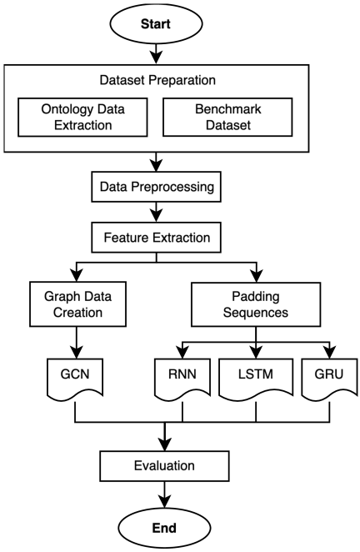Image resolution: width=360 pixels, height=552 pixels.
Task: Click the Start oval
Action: point(156,23)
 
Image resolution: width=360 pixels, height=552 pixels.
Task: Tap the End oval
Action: point(164,528)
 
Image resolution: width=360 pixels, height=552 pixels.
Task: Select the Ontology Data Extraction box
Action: point(82,118)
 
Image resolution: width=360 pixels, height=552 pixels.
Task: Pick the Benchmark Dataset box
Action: point(227,118)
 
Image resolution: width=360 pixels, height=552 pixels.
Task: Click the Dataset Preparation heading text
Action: point(157,80)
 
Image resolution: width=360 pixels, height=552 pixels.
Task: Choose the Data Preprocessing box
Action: point(156,187)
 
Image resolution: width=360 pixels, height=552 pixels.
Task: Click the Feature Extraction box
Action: point(156,238)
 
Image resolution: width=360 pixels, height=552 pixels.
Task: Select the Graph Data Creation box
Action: point(77,304)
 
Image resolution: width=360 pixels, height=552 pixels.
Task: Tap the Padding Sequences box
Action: point(256,304)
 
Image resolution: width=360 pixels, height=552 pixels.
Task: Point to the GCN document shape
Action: point(75,378)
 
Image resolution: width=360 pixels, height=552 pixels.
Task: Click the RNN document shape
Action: point(182,378)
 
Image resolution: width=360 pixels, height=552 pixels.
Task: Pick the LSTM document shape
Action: point(256,378)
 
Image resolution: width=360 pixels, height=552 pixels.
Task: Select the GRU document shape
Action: point(330,378)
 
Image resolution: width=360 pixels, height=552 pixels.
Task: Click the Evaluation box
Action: point(165,466)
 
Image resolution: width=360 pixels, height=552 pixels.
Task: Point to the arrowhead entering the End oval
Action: point(165,502)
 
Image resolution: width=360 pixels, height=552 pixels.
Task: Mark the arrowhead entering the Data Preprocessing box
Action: point(156,165)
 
